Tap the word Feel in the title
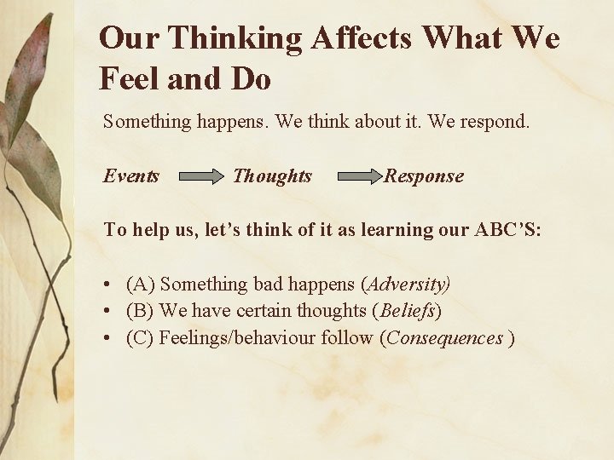pos(128,79)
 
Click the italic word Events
pos(131,176)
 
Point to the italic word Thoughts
pos(272,176)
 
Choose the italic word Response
pos(424,176)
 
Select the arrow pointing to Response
pos(360,177)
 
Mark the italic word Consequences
pos(444,338)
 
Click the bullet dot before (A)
pos(108,285)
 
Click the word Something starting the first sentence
pos(143,122)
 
